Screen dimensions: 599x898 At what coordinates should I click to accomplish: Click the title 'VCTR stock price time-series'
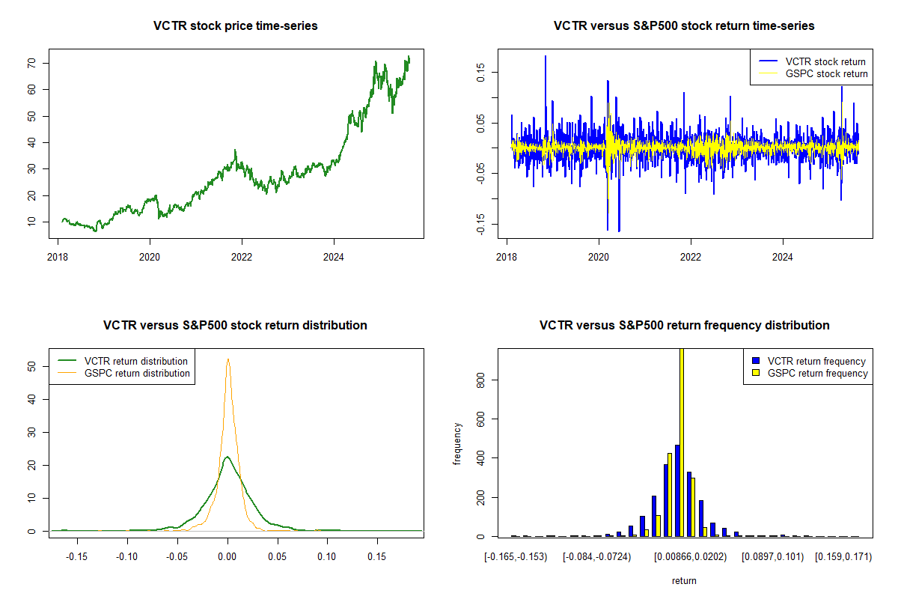(235, 26)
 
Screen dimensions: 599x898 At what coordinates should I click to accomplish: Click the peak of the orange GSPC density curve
(227, 359)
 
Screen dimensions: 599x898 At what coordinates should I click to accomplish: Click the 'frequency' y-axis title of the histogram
(458, 444)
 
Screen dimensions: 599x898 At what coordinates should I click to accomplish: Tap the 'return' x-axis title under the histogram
(684, 580)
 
